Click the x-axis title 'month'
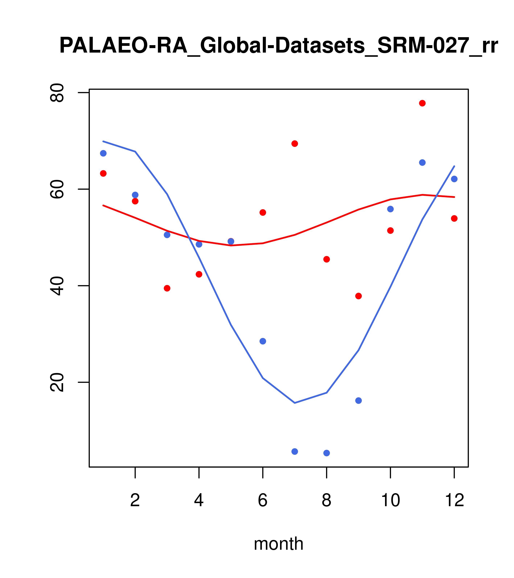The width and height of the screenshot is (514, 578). (x=278, y=544)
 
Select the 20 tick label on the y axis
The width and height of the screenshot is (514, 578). (x=57, y=382)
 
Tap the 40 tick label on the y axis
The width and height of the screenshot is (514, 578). (x=57, y=286)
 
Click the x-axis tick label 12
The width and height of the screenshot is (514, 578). (x=454, y=500)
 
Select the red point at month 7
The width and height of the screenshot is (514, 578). (x=295, y=144)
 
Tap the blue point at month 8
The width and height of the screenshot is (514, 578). (x=326, y=453)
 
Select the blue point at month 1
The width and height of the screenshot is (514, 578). (x=103, y=153)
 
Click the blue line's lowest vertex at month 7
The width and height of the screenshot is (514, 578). (x=295, y=403)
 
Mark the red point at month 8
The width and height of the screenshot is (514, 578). (x=326, y=259)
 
